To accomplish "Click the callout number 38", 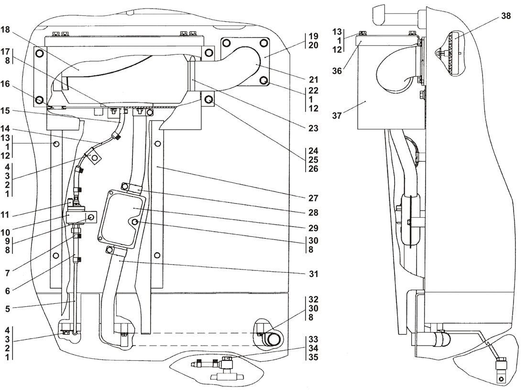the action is tap(506, 16).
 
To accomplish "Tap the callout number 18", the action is tap(5, 30).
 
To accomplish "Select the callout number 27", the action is tap(313, 198).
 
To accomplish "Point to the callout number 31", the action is tap(313, 274).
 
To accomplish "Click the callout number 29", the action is tap(313, 228).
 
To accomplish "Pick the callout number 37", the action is tap(337, 115).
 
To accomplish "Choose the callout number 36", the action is tap(337, 71).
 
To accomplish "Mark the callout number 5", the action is tap(7, 309).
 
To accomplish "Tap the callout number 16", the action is tap(5, 84).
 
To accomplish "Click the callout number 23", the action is tap(313, 128).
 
